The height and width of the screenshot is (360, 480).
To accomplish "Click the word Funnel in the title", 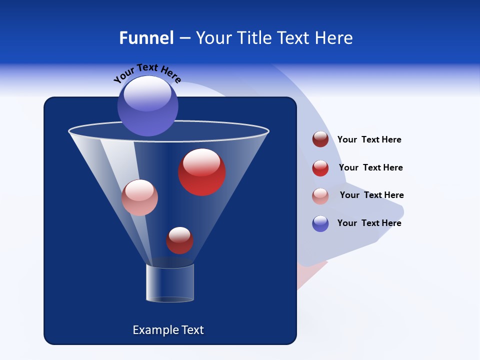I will pyautogui.click(x=146, y=38).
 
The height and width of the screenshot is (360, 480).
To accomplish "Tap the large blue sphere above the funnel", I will pyautogui.click(x=147, y=106).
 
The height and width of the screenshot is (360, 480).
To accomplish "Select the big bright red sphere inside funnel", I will pyautogui.click(x=202, y=172).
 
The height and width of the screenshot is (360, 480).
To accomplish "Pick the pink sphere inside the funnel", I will pyautogui.click(x=139, y=198).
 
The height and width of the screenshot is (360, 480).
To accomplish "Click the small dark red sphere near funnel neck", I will pyautogui.click(x=179, y=240).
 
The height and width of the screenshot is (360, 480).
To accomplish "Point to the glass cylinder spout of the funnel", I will pyautogui.click(x=170, y=283).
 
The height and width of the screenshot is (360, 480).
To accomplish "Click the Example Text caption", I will pyautogui.click(x=168, y=330).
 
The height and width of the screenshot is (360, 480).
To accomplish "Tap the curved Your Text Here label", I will pyautogui.click(x=147, y=73).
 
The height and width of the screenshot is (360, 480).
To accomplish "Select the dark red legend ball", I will pyautogui.click(x=320, y=139).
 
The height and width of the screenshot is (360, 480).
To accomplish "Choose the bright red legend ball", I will pyautogui.click(x=320, y=168).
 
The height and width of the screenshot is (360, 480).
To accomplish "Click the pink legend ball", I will pyautogui.click(x=320, y=195).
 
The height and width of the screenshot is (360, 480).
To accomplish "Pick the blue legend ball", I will pyautogui.click(x=320, y=223).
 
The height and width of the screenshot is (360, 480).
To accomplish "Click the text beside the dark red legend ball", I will pyautogui.click(x=369, y=139).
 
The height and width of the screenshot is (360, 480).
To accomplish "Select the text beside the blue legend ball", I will pyautogui.click(x=369, y=223).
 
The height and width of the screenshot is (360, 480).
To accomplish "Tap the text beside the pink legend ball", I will pyautogui.click(x=371, y=195).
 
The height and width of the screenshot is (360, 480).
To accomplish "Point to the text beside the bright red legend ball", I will pyautogui.click(x=370, y=167).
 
